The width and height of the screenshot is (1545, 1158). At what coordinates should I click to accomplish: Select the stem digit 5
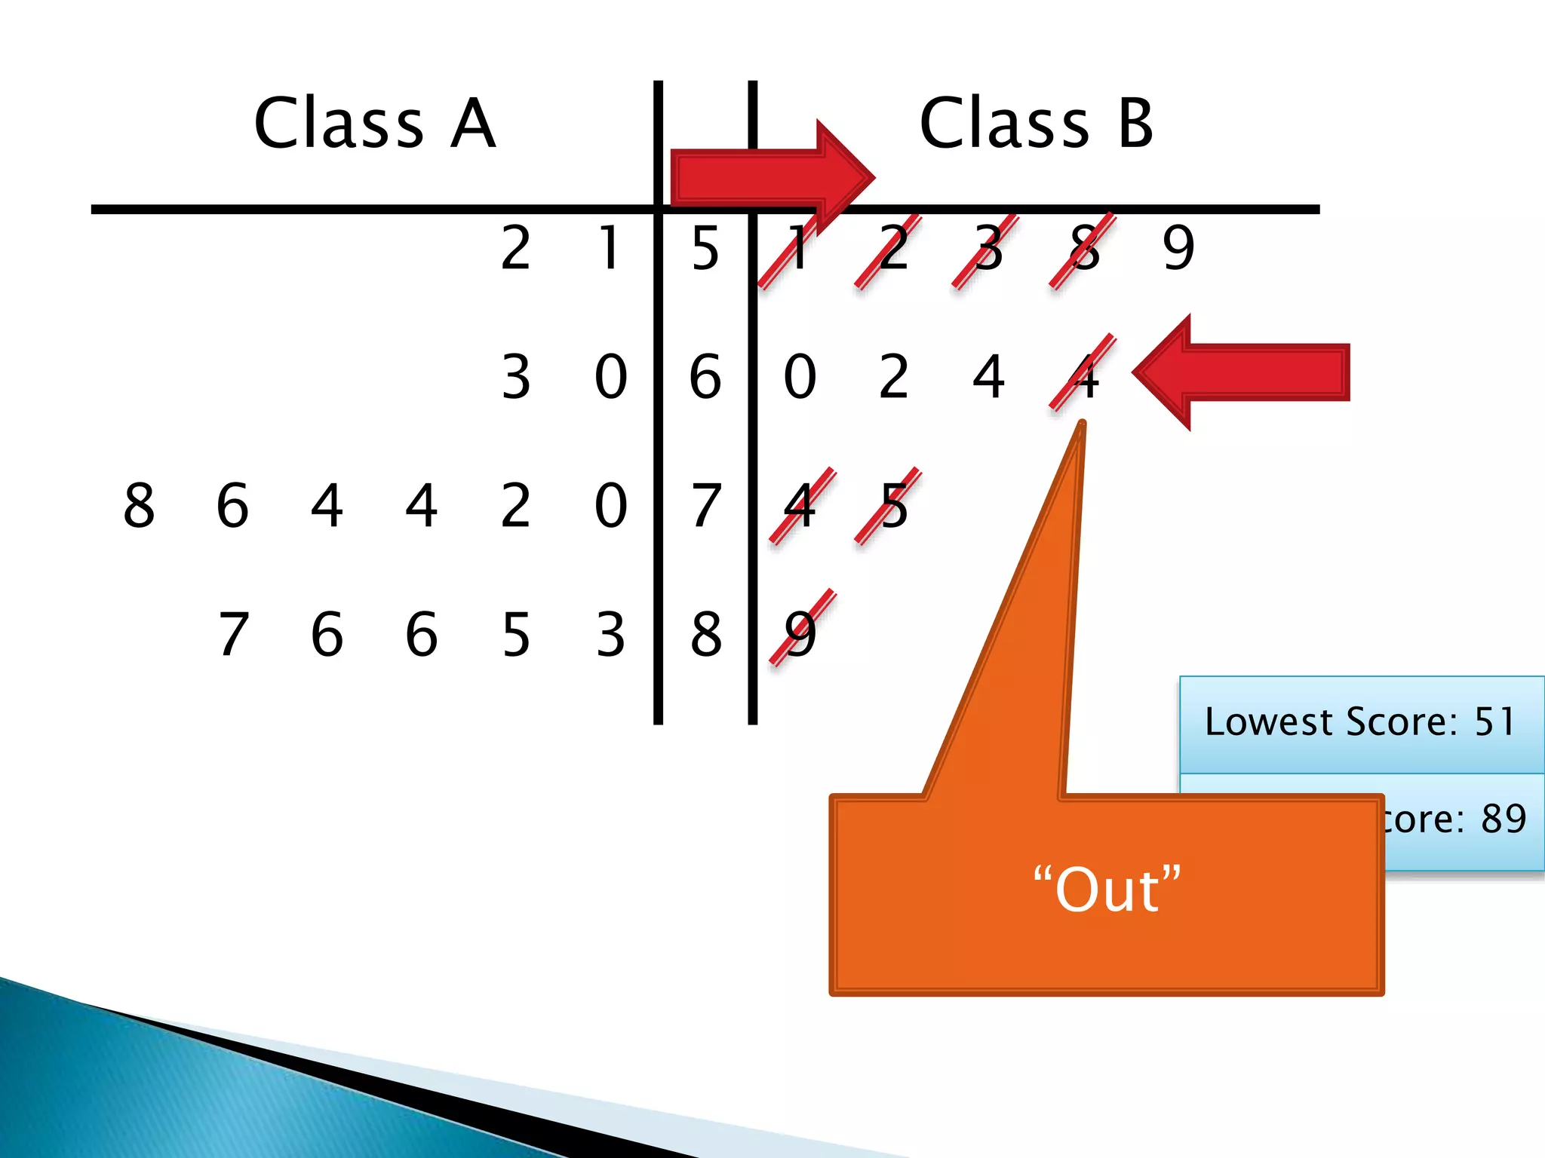[x=705, y=248]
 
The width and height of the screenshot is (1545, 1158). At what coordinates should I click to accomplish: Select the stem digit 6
[x=705, y=376]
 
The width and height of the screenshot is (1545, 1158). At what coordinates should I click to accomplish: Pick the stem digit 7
[x=705, y=505]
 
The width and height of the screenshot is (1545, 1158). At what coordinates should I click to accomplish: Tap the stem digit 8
[x=705, y=634]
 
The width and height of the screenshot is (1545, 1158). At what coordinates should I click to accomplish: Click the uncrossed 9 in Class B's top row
[x=1178, y=248]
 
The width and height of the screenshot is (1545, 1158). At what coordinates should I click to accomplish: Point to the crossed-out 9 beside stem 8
[x=800, y=634]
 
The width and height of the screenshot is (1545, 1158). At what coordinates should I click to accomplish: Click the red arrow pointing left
[x=1241, y=372]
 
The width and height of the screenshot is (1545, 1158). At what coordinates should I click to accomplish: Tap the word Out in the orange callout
[x=1107, y=890]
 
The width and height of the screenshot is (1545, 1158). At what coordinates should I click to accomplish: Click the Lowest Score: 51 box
[x=1360, y=722]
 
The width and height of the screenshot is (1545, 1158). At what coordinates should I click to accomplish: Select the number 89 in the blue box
[x=1504, y=819]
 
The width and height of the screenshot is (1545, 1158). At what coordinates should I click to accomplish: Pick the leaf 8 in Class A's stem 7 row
[x=139, y=505]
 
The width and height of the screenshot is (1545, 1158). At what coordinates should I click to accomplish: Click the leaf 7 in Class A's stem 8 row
[x=233, y=634]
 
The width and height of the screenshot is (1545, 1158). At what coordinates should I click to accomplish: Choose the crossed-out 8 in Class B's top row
[x=1084, y=248]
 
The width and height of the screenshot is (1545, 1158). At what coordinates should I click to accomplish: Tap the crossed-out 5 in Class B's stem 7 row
[x=894, y=505]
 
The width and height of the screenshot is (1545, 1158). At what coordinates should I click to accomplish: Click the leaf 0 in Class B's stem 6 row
[x=800, y=376]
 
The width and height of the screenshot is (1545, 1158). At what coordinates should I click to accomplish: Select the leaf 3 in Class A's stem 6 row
[x=516, y=376]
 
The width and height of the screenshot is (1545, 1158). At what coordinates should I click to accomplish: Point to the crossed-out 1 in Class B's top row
[x=798, y=248]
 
